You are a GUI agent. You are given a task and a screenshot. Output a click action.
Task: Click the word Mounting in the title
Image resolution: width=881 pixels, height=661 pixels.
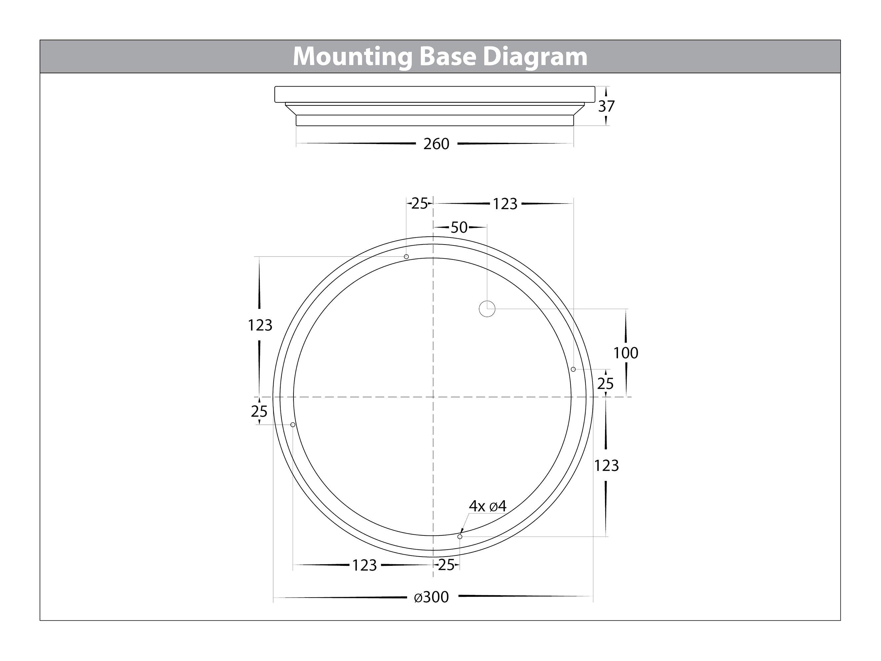click(x=353, y=57)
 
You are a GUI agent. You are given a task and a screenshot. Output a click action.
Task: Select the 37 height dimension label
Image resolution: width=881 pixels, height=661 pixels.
click(x=606, y=106)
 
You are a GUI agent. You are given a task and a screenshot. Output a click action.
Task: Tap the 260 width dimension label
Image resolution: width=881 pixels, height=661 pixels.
click(x=436, y=144)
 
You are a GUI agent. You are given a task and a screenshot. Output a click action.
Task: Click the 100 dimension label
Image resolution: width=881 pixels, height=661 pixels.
click(x=625, y=353)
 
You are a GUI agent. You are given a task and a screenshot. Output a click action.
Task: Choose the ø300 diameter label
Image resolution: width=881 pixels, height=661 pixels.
click(x=431, y=597)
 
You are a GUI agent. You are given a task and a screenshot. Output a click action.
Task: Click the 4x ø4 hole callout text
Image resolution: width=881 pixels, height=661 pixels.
click(x=487, y=506)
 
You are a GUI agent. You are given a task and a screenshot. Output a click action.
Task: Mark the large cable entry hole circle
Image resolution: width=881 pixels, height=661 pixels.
click(x=487, y=308)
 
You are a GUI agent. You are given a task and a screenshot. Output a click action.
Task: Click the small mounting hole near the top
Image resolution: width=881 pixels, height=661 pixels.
click(x=406, y=256)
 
